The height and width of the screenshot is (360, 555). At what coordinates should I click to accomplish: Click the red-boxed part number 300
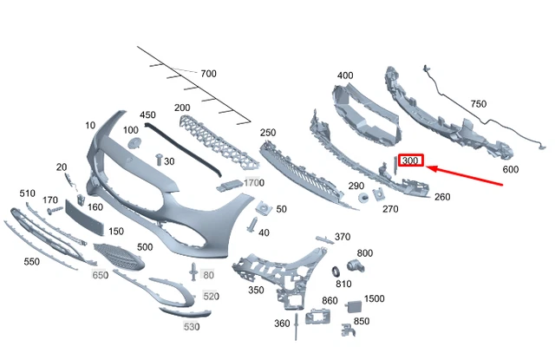[x=410, y=160]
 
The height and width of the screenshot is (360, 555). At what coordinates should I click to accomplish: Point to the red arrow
[x=465, y=175]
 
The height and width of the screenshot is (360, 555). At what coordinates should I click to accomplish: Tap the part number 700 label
[x=208, y=74]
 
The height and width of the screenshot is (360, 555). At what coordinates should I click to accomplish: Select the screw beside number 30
[x=159, y=160]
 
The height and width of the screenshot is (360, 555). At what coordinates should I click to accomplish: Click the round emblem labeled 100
[x=134, y=143]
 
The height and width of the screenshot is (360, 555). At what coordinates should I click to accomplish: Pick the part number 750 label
[x=479, y=104]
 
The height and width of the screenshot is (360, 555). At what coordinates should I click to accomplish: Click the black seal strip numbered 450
[x=183, y=148]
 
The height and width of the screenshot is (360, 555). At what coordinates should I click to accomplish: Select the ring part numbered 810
[x=336, y=272]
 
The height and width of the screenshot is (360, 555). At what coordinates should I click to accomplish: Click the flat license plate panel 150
[x=84, y=218]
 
